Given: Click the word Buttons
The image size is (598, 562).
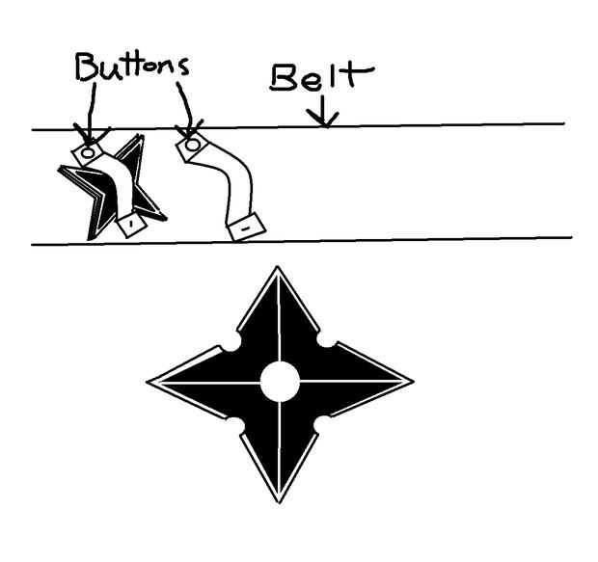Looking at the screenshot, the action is click(132, 67).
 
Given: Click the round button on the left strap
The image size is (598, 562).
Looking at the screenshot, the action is click(87, 151).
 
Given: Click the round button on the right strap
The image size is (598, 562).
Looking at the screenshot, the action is click(192, 145).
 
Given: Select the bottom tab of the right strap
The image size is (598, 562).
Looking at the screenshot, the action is click(247, 227).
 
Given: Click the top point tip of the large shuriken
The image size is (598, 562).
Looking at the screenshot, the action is click(278, 269).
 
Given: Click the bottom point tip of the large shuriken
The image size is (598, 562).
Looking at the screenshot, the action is click(280, 500).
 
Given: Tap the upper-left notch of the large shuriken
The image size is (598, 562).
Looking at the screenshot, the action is click(231, 343).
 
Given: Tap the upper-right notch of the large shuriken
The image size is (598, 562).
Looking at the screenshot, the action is click(325, 342).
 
